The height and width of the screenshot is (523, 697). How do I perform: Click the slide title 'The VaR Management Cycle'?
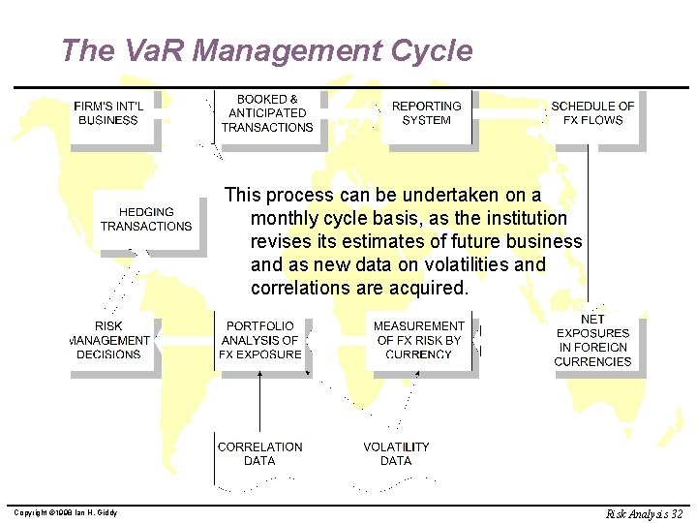(266, 50)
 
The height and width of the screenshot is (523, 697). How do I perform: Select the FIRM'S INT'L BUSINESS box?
(108, 114)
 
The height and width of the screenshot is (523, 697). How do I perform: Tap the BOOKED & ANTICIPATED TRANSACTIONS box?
(267, 113)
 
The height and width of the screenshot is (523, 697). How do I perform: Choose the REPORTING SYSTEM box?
(426, 113)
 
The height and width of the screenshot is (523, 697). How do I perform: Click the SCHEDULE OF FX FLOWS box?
(592, 113)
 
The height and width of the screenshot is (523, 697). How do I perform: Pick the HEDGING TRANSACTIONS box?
(146, 220)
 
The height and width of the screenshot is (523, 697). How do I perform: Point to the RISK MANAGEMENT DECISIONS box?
(109, 341)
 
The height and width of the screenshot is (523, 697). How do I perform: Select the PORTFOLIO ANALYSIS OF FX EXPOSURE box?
(261, 341)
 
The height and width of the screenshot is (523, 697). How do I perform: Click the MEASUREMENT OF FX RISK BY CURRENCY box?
(419, 341)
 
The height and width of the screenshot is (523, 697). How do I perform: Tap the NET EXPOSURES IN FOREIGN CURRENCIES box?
(592, 341)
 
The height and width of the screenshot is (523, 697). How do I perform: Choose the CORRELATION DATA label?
(259, 454)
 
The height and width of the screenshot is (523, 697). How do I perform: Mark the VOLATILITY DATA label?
(396, 454)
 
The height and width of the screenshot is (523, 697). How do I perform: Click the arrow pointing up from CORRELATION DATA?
(259, 402)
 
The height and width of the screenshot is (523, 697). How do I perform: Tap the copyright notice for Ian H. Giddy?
(65, 512)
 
